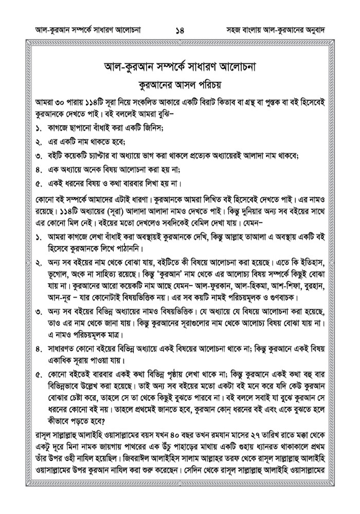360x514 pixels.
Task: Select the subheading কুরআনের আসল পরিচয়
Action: tap(179, 84)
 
